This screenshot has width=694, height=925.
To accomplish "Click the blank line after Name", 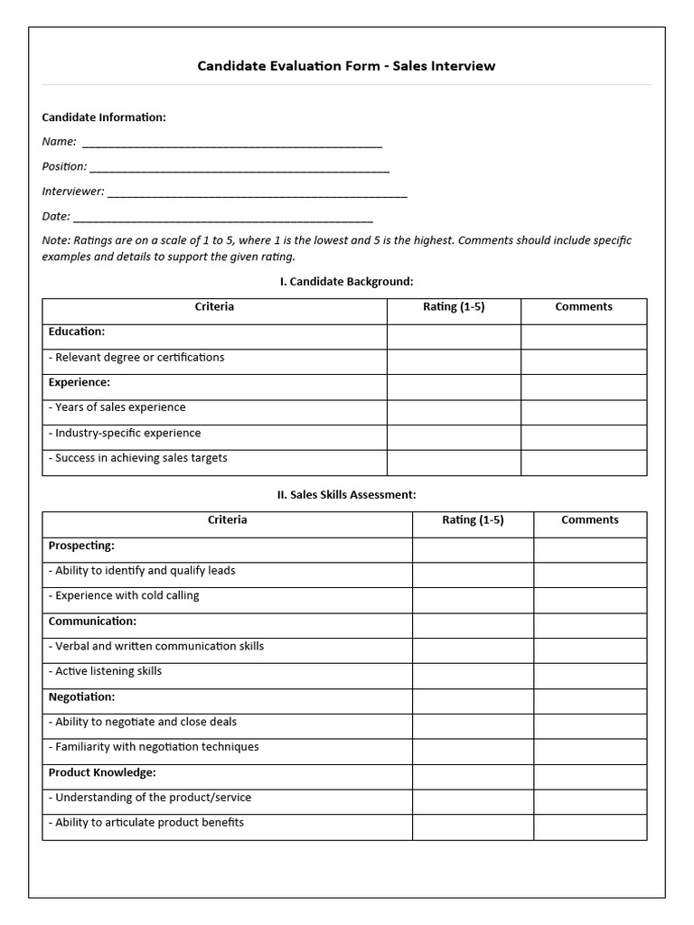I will pyautogui.click(x=231, y=143).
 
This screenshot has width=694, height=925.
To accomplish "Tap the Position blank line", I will pyautogui.click(x=239, y=168).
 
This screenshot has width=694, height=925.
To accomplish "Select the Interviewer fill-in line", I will pyautogui.click(x=257, y=192).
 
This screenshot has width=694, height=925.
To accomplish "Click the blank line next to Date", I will pyautogui.click(x=222, y=218).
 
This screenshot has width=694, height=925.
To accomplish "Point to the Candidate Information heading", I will pyautogui.click(x=104, y=117).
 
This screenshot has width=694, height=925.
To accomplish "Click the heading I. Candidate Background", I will pyautogui.click(x=346, y=282).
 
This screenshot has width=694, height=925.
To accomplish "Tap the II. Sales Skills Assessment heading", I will pyautogui.click(x=346, y=495).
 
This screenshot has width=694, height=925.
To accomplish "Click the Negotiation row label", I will pyautogui.click(x=81, y=697).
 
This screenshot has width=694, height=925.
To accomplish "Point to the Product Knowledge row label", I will pyautogui.click(x=102, y=773).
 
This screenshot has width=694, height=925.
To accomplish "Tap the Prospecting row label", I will pyautogui.click(x=81, y=546).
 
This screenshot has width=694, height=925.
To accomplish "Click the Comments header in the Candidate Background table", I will pyautogui.click(x=584, y=307).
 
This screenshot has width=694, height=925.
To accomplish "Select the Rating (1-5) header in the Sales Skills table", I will pyautogui.click(x=473, y=520).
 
